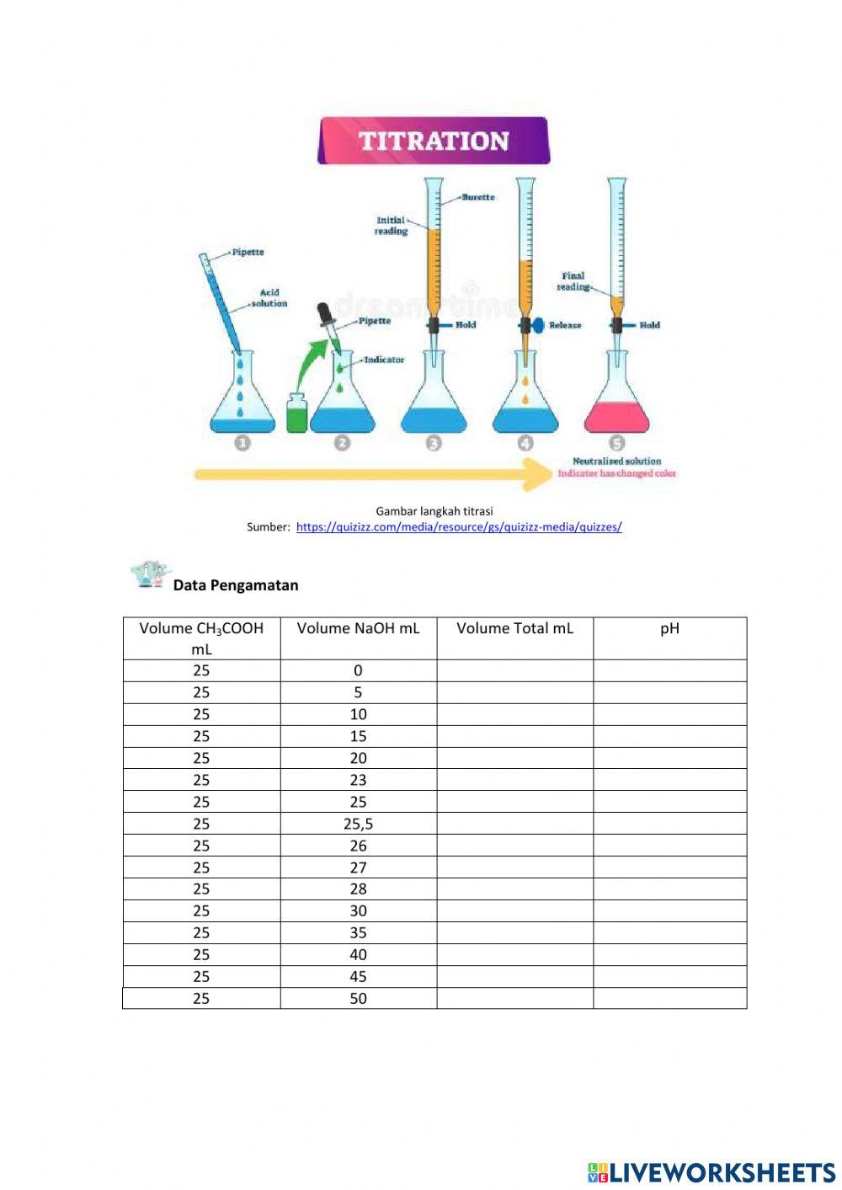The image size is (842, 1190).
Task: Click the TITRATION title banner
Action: (x=434, y=141)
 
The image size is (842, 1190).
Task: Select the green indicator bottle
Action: (x=296, y=414)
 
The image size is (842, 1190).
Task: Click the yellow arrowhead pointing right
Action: (x=536, y=474)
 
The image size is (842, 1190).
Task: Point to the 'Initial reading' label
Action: (x=391, y=226)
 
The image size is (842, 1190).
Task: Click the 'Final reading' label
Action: (x=573, y=281)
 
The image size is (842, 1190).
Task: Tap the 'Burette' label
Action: (x=477, y=197)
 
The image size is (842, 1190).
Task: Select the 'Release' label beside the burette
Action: (x=565, y=325)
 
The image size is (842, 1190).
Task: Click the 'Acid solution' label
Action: (x=269, y=298)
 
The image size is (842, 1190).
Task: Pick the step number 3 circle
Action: (x=434, y=443)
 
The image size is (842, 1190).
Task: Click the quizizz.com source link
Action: (x=459, y=527)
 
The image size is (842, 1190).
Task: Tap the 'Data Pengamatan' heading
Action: (x=236, y=585)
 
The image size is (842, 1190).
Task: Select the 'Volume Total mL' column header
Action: (x=514, y=628)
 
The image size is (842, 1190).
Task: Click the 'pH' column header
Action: (x=669, y=628)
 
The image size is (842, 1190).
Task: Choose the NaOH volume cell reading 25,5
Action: (x=358, y=824)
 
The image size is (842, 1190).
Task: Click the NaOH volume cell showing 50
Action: (x=358, y=998)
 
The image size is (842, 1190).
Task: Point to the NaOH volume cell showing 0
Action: (x=358, y=670)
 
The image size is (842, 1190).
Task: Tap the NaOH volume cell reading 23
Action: (x=358, y=780)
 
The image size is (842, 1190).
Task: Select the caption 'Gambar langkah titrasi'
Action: (x=434, y=511)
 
